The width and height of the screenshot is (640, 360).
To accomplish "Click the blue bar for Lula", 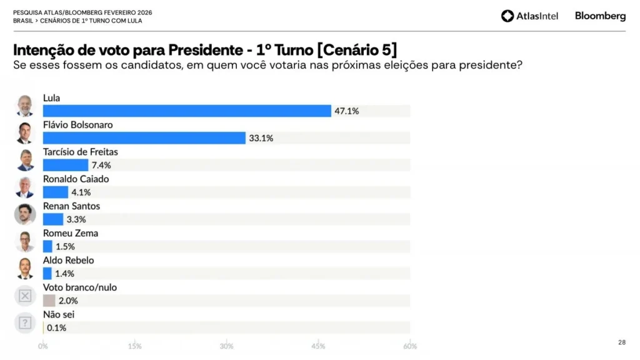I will point(187,111).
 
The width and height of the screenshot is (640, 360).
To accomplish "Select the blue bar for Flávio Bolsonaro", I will point(144,138).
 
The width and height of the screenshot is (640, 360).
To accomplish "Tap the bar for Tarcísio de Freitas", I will point(66,165).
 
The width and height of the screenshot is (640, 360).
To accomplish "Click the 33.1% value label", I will point(261,138).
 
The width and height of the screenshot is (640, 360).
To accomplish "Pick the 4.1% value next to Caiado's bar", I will point(81,192).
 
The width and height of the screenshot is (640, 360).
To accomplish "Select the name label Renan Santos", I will point(71,206).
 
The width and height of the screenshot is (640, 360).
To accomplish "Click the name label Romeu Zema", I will point(70,233).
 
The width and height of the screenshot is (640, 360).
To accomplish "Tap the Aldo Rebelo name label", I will point(68,260).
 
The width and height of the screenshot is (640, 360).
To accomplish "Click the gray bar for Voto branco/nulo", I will point(49,301).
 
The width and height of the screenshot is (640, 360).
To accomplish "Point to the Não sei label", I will point(59,314).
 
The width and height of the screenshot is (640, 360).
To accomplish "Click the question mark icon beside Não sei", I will point(25,322).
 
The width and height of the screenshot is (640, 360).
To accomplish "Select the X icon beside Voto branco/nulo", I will point(25,296).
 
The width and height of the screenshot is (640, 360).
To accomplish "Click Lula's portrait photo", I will point(25,106).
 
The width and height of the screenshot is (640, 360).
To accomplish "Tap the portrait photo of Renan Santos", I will point(25,214).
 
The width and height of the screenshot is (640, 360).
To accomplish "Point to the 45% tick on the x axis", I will point(318,346).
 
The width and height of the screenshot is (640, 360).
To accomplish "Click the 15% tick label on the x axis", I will point(134,346).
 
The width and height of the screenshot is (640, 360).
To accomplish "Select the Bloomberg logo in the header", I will point(600,16).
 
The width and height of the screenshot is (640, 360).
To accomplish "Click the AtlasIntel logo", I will point(529,16).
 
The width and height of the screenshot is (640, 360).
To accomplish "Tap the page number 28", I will point(621,342).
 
